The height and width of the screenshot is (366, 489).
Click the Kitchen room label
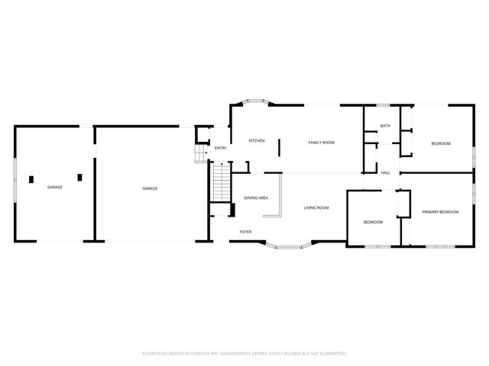click(x=257, y=140)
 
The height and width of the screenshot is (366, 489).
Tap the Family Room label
click(x=321, y=143)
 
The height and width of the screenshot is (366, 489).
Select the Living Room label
click(x=316, y=207)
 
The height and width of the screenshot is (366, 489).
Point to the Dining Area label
click(x=256, y=198)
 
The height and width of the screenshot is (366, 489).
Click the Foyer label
click(x=245, y=232)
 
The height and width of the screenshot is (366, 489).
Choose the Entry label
click(x=221, y=148)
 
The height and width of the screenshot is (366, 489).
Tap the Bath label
click(x=385, y=126)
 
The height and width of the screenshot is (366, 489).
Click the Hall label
click(x=385, y=173)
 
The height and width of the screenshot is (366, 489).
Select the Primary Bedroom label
click(x=440, y=212)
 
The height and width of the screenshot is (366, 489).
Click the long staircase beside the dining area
click(x=222, y=182)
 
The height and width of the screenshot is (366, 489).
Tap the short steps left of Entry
click(x=202, y=154)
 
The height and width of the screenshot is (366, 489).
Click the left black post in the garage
click(x=31, y=180)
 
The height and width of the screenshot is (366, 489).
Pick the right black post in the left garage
click(x=79, y=178)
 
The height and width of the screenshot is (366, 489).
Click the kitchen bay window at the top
click(x=256, y=101)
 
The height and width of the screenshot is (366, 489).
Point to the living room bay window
click(x=289, y=247)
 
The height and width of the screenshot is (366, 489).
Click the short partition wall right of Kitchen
click(x=279, y=148)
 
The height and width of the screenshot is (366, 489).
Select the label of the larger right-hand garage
click(x=150, y=188)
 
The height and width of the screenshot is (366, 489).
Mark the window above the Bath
click(x=383, y=105)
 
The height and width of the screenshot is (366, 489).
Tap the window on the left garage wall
click(x=15, y=180)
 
